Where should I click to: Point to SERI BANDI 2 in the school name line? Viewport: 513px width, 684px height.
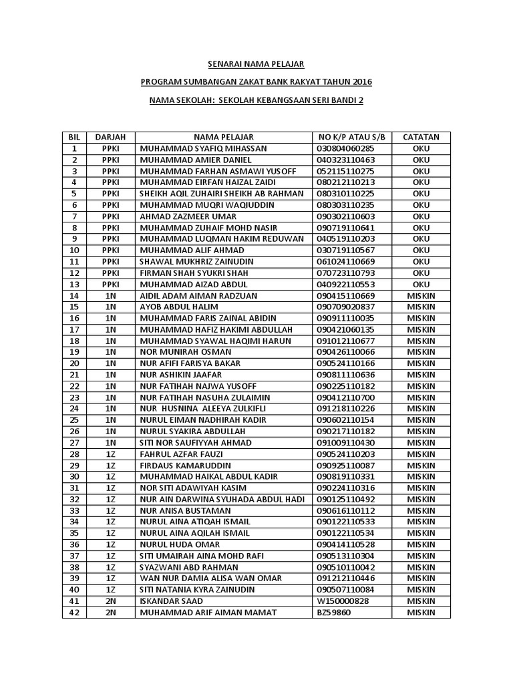(341, 100)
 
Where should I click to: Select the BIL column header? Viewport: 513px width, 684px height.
(74, 137)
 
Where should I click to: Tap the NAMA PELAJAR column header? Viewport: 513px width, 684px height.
(224, 137)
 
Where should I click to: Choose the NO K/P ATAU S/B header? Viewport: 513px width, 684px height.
(353, 137)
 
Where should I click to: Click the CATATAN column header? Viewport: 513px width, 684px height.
(421, 137)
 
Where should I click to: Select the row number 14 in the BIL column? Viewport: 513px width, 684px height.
(74, 295)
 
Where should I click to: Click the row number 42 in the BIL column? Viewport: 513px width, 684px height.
(74, 612)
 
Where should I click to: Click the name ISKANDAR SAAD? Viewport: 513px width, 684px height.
(170, 601)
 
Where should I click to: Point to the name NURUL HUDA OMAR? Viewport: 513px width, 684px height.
(175, 544)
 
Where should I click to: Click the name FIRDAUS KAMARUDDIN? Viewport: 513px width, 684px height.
(185, 465)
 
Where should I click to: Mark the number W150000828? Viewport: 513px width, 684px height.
(343, 601)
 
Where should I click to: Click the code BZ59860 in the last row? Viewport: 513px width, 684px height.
(335, 612)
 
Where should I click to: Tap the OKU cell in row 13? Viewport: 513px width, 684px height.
(421, 284)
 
